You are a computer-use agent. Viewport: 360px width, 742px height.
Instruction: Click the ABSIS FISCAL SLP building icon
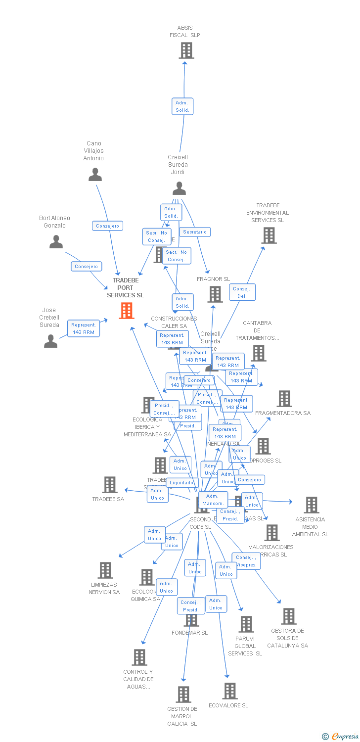coord(186,50)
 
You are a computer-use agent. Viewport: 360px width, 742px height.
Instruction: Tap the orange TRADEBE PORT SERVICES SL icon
coord(127,311)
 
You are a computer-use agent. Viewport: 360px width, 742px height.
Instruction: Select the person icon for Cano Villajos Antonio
coord(95,175)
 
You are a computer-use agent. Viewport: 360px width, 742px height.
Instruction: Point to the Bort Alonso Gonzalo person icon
coord(56,242)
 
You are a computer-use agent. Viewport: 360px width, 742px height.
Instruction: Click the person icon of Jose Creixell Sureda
coord(50,341)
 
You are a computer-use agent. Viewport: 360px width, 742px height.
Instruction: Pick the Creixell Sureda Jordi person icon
coord(179,188)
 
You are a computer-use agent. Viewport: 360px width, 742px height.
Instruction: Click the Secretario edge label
coord(195,232)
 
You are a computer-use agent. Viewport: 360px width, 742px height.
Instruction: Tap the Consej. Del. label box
coord(242,292)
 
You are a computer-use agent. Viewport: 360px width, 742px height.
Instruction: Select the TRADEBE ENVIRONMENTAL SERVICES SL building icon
coord(269,235)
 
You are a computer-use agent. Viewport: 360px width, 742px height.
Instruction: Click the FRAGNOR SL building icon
coord(215,294)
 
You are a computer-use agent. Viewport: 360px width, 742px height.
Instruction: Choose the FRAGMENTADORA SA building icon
coord(284,399)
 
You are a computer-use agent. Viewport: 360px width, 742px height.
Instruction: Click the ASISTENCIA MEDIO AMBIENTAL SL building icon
coord(312,505)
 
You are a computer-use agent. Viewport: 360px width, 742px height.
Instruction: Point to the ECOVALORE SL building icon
coord(230,691)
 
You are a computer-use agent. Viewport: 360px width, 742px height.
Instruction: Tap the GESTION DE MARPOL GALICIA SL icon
coord(183,695)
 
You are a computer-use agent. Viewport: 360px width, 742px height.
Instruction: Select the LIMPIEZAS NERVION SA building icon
coord(105,570)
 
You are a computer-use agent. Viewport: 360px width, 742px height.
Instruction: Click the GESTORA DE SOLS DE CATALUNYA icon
coord(289,616)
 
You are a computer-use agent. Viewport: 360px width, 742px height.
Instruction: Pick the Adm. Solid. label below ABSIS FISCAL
coord(182,106)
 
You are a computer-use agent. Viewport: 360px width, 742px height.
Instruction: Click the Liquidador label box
coord(182,483)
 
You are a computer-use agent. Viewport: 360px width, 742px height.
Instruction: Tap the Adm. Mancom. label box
coord(213,500)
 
